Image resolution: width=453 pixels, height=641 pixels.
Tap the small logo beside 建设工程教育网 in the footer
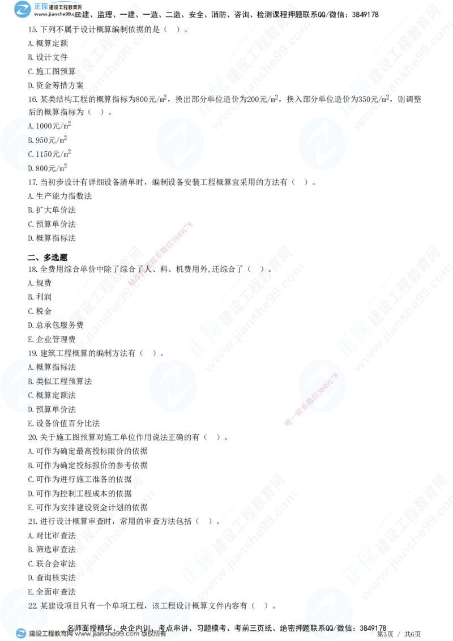pos(21,634)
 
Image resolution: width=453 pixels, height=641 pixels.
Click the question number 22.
pos(33,605)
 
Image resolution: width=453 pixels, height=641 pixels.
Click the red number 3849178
pos(328,386)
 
